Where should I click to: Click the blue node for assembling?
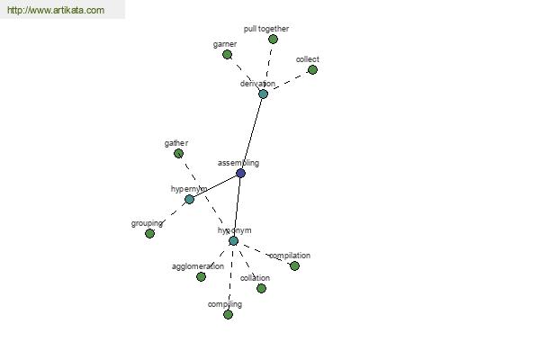click(x=240, y=173)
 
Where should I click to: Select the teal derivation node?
click(x=263, y=94)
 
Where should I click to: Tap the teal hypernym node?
click(x=189, y=199)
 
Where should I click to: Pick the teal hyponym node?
click(x=233, y=240)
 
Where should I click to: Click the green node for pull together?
click(x=273, y=39)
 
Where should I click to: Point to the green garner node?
click(x=227, y=54)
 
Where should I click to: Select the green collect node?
click(x=312, y=69)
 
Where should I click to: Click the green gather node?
click(x=178, y=153)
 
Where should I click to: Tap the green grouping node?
click(x=149, y=233)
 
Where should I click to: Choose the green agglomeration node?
click(x=201, y=276)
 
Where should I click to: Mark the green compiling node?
click(x=228, y=314)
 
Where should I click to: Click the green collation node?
click(x=261, y=288)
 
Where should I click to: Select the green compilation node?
click(x=294, y=265)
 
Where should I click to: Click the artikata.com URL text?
click(x=55, y=11)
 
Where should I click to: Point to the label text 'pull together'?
click(x=266, y=29)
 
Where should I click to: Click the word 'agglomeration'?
click(x=198, y=266)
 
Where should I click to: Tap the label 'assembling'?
click(x=238, y=163)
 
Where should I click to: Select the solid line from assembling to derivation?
click(x=252, y=133)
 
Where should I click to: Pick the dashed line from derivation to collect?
click(x=288, y=81)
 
